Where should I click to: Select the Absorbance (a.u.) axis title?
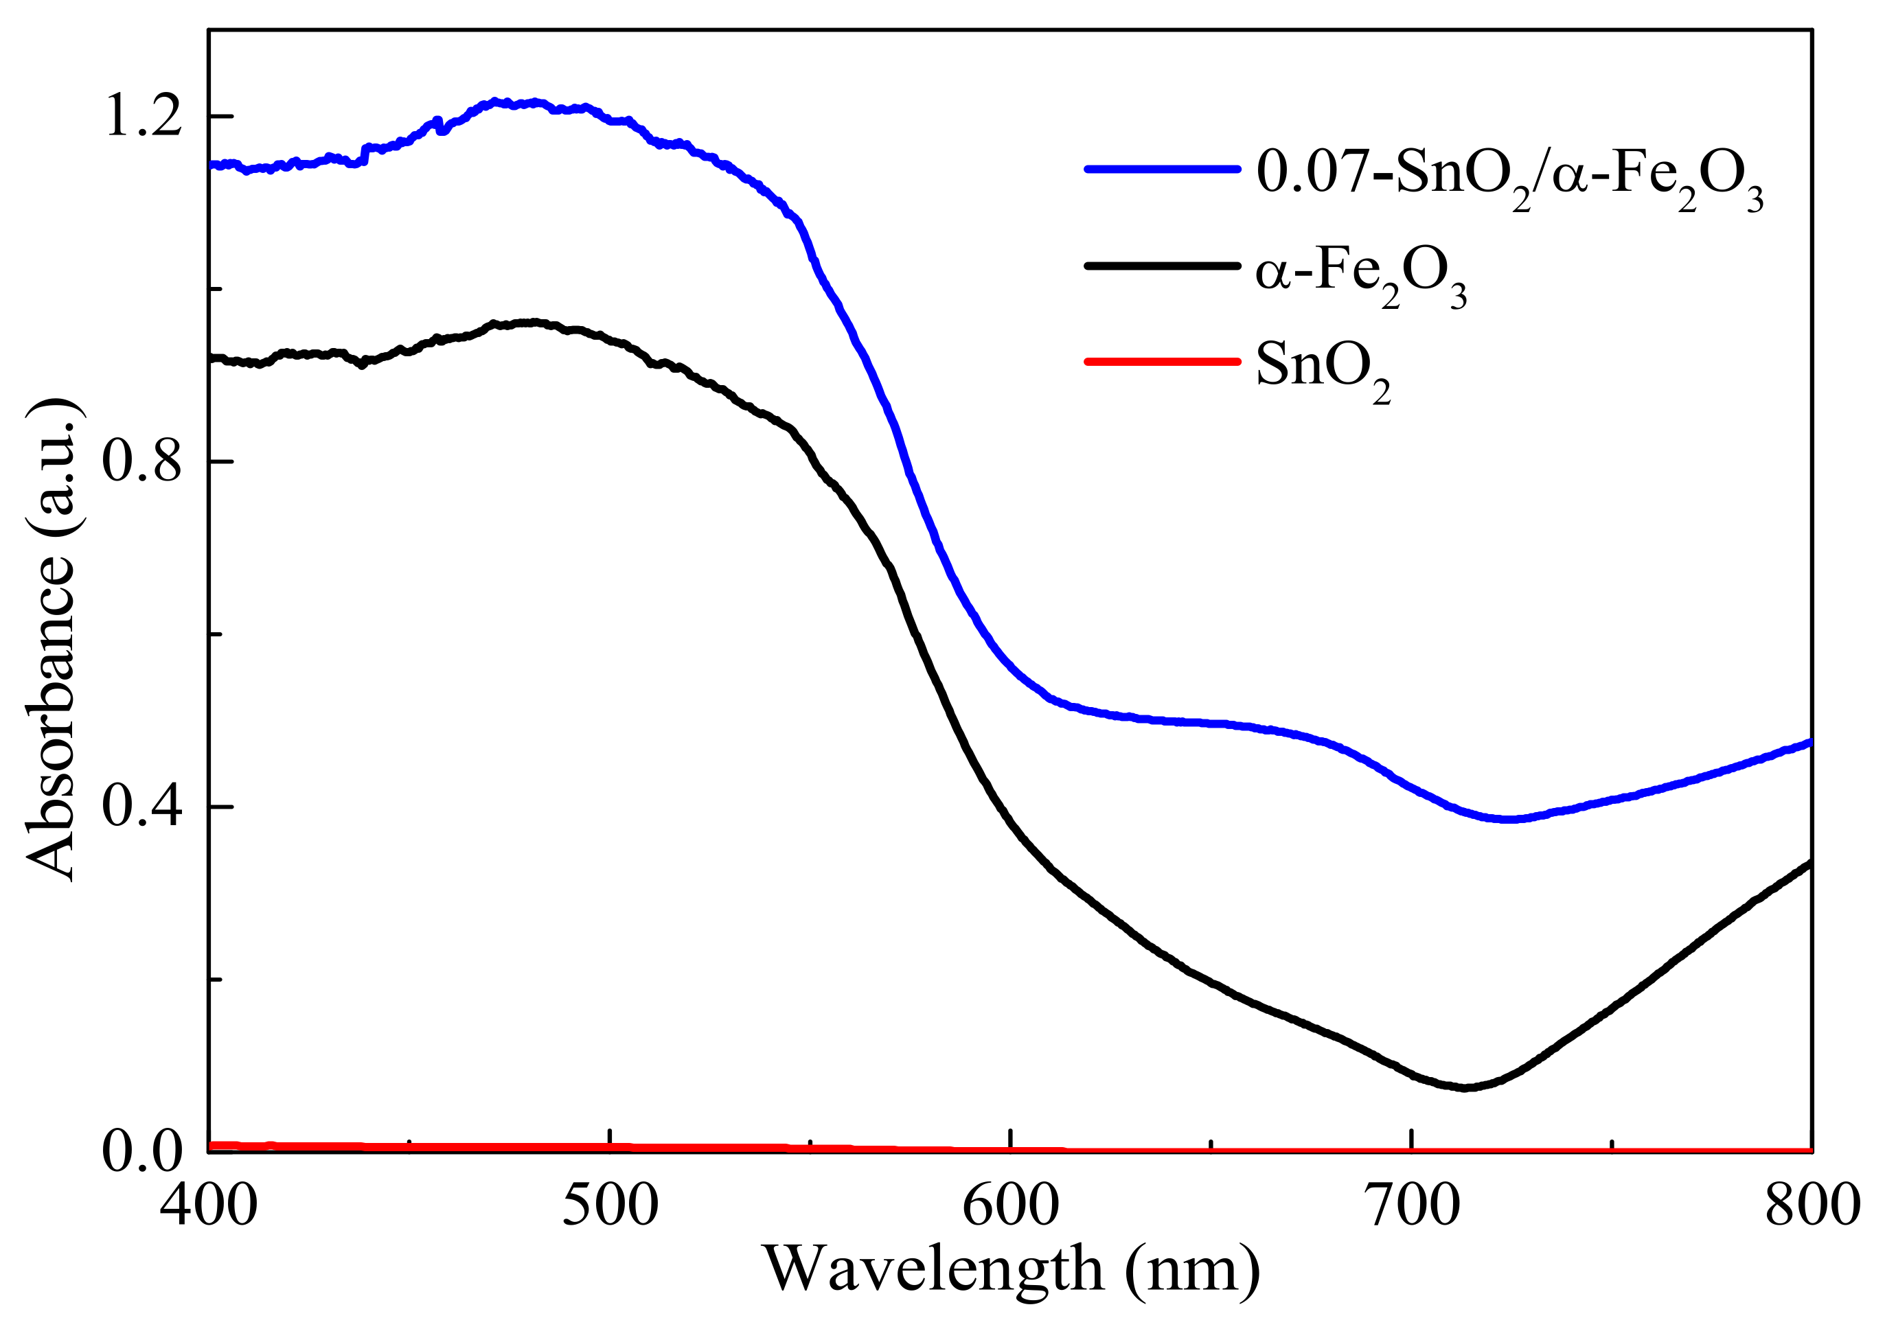pyautogui.click(x=51, y=640)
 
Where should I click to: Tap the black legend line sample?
pyautogui.click(x=1162, y=266)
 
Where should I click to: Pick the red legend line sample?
pyautogui.click(x=1162, y=362)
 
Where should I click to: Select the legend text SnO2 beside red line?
pyautogui.click(x=1323, y=369)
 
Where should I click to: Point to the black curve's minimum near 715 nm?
pyautogui.click(x=1466, y=1087)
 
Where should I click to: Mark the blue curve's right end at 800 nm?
pyautogui.click(x=1809, y=743)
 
